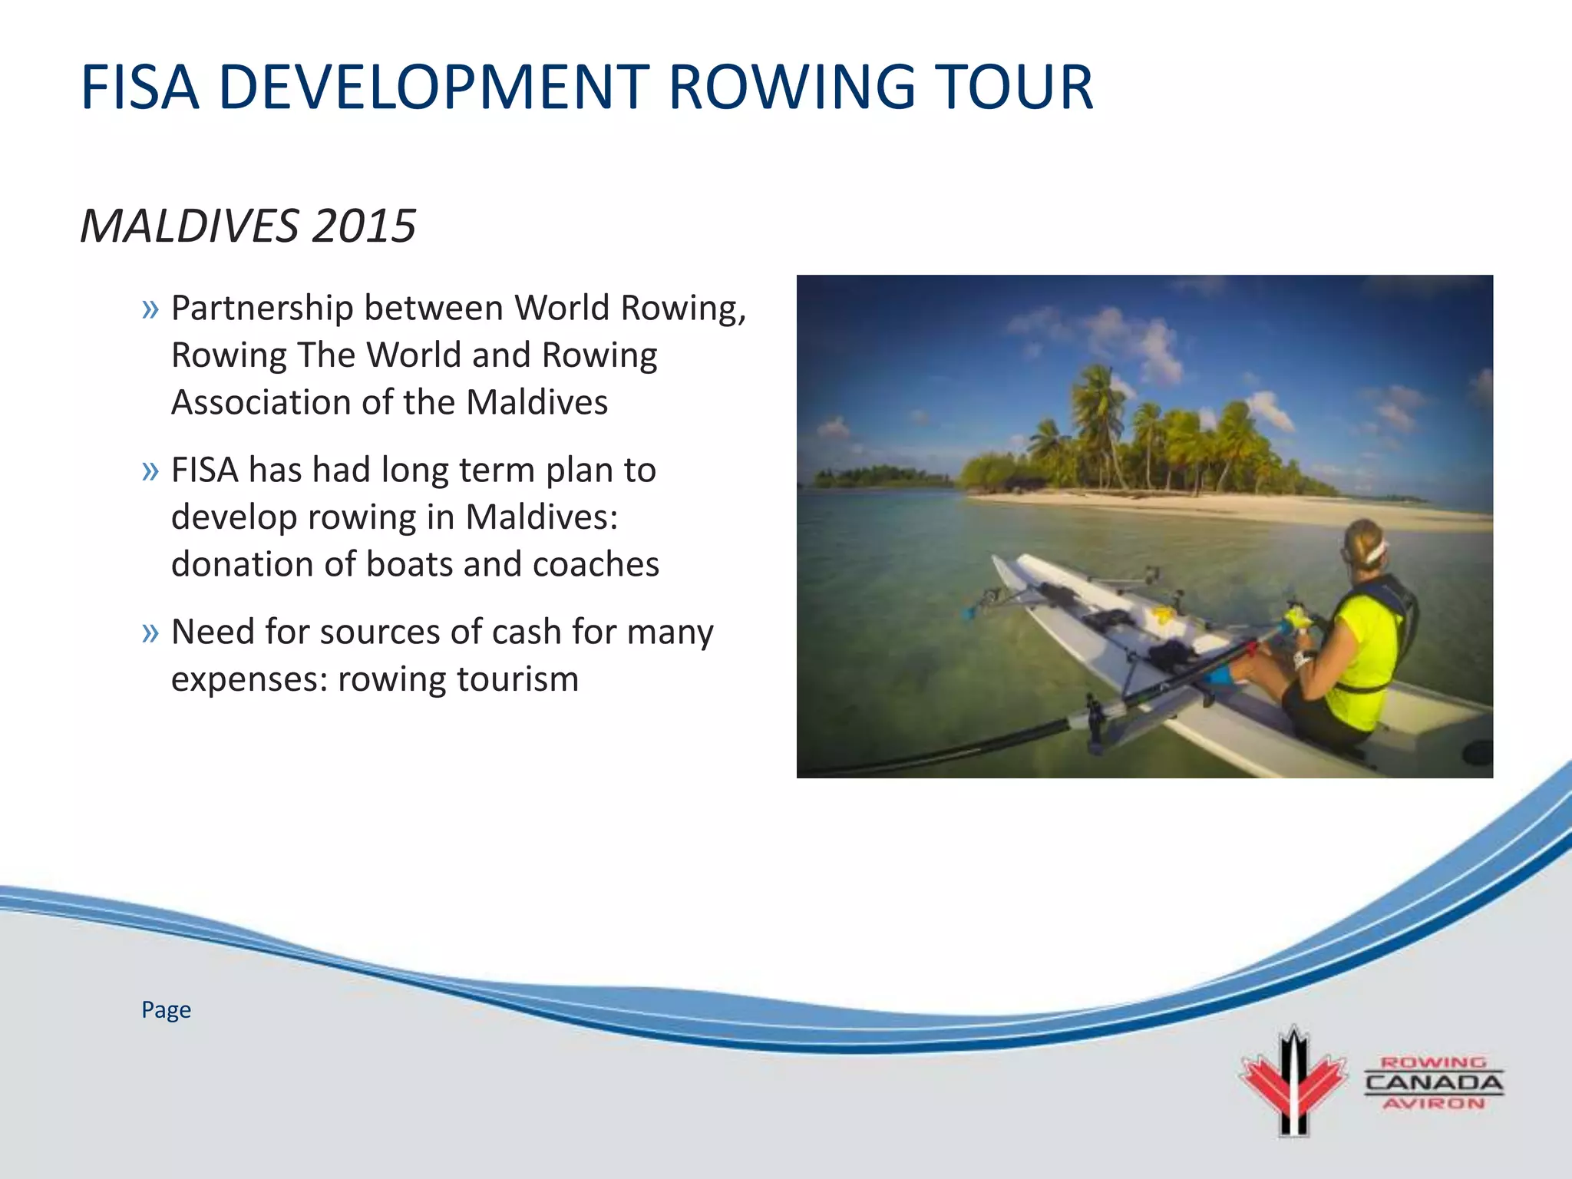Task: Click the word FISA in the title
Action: coord(140,88)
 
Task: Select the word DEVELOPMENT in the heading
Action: coord(434,88)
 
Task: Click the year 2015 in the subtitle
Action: coord(364,226)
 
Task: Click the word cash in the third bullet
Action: coord(525,632)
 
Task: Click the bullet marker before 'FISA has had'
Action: coord(150,471)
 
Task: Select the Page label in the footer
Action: coord(166,1010)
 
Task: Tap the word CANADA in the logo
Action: coord(1434,1083)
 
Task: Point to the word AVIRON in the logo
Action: coord(1434,1104)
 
